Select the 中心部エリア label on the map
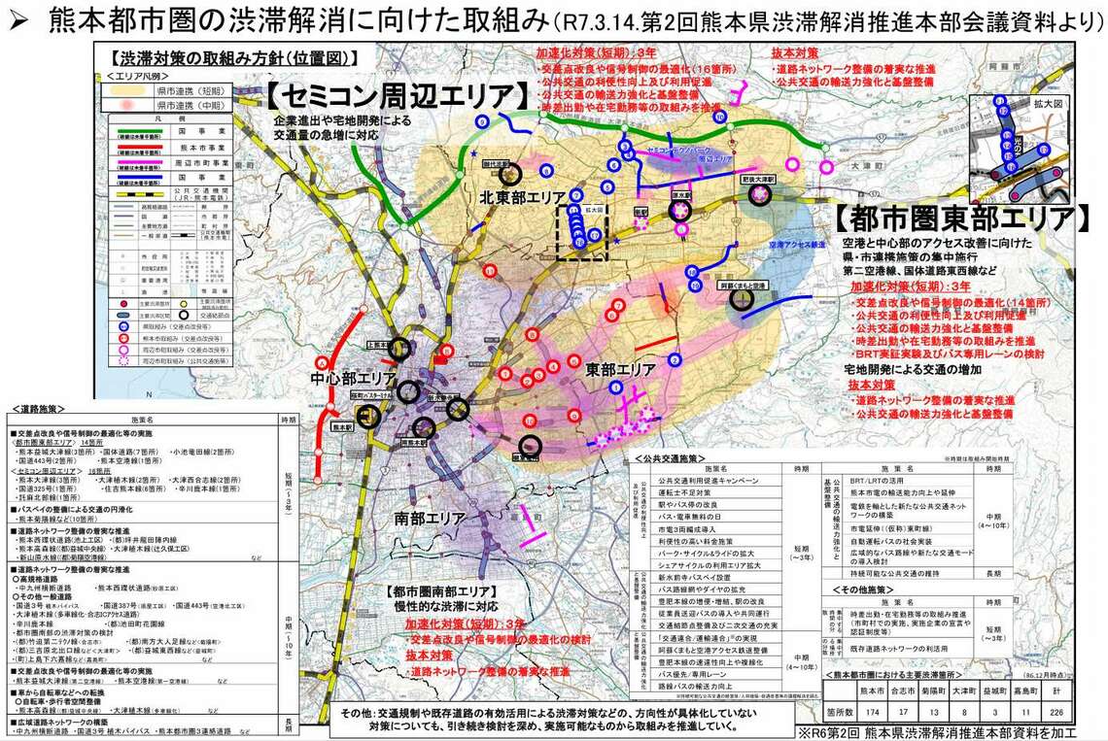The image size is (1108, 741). pos(353,378)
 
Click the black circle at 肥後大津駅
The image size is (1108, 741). pos(761,194)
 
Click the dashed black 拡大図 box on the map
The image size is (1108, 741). pos(581,232)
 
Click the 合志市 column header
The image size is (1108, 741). pos(901,693)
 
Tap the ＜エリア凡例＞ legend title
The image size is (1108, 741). pos(138,75)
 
